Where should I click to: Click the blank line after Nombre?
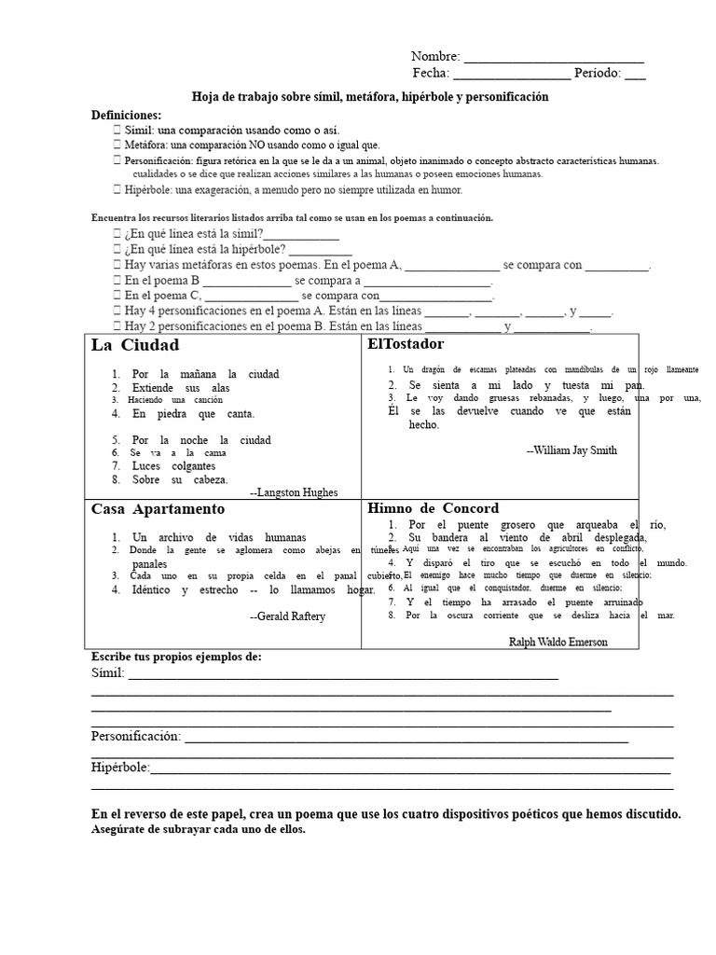pos(553,58)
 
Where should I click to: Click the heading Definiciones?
pos(126,115)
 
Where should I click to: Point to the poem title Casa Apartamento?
pos(158,509)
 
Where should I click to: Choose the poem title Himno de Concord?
pos(434,508)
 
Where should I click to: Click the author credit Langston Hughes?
pos(294,492)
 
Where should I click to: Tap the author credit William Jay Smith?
pos(571,450)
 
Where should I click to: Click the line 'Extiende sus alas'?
pos(181,388)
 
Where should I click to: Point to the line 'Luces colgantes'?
pos(173,466)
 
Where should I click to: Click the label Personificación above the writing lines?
pos(136,737)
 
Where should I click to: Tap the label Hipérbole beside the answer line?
pos(120,768)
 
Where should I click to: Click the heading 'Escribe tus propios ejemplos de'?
pos(176,657)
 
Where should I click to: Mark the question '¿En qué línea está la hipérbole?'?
pos(204,250)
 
